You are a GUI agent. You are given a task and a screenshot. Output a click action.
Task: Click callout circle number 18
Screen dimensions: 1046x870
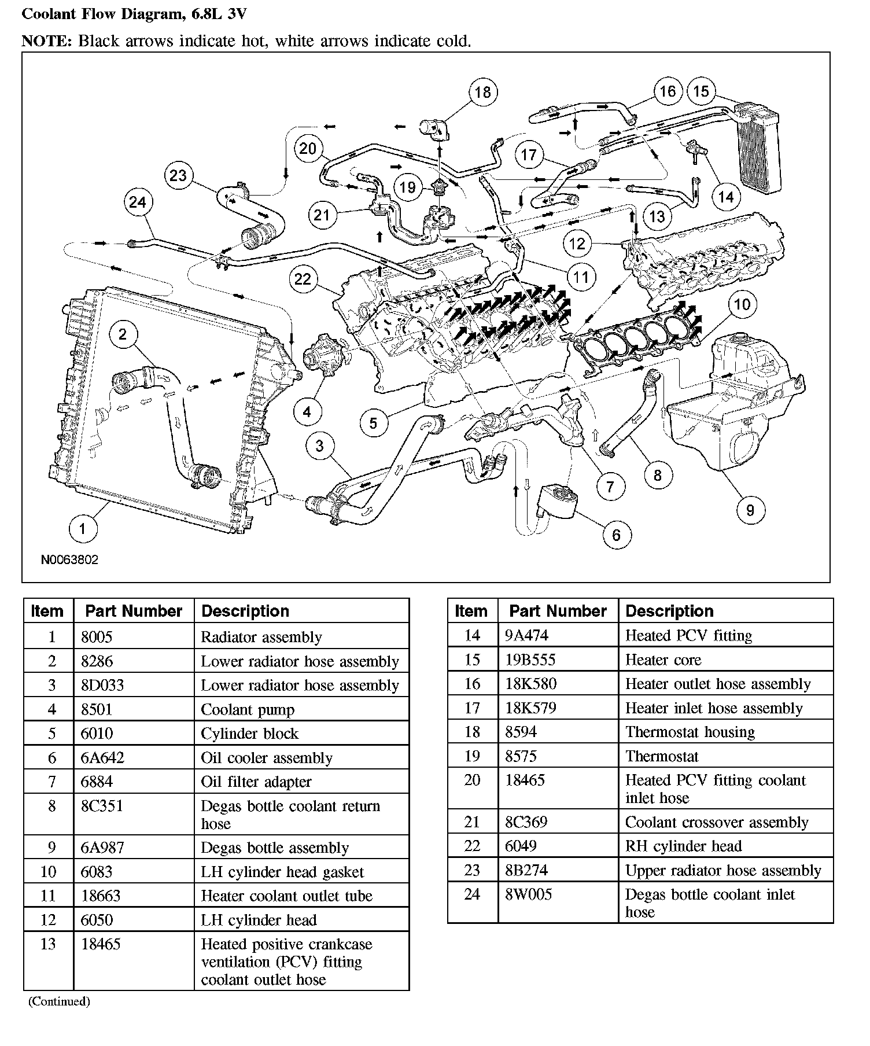pos(482,92)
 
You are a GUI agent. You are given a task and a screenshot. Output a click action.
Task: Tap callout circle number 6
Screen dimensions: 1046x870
pos(615,535)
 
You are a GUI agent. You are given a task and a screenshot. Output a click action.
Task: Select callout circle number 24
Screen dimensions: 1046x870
pos(138,202)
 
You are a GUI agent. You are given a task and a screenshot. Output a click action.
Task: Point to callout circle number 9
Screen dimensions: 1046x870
pos(750,510)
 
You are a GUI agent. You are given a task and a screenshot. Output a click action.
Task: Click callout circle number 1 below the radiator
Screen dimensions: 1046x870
pos(82,528)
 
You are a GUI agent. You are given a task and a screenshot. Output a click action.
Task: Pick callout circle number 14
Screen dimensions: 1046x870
pos(725,197)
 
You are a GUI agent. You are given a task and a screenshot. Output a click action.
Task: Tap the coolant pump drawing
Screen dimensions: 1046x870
pos(324,355)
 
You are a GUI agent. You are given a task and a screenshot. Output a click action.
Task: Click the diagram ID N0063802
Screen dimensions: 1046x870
pos(69,560)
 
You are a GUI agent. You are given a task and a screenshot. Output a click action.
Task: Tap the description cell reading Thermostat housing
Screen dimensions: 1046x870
pos(690,732)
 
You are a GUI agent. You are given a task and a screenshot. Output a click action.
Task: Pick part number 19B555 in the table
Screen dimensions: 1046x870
pos(530,660)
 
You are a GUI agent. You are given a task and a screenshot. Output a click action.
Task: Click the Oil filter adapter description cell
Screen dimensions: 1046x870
pos(256,782)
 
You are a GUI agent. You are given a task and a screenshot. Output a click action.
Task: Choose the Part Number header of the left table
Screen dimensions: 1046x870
pos(134,612)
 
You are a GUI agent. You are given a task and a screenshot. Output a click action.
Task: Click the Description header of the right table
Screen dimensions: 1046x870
pos(669,612)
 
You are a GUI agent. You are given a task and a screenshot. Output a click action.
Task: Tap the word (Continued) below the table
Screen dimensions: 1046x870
pos(59,1001)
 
